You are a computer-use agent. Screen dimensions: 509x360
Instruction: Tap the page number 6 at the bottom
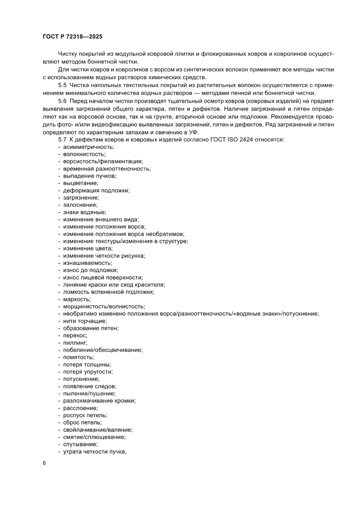pos(44,463)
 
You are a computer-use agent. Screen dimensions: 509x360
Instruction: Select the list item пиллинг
pos(75,343)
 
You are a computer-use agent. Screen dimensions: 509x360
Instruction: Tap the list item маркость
pos(77,299)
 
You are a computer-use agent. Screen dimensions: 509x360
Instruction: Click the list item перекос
pos(75,335)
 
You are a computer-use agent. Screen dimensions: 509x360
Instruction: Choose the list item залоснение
pos(80,205)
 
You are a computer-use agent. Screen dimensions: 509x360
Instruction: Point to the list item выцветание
pos(81,183)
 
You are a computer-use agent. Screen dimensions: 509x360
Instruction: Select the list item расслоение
pos(80,408)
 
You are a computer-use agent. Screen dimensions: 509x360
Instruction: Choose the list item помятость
pos(78,357)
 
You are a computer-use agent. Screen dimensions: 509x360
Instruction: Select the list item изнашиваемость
pos(87,263)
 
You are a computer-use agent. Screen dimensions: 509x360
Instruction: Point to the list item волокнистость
pos(84,154)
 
